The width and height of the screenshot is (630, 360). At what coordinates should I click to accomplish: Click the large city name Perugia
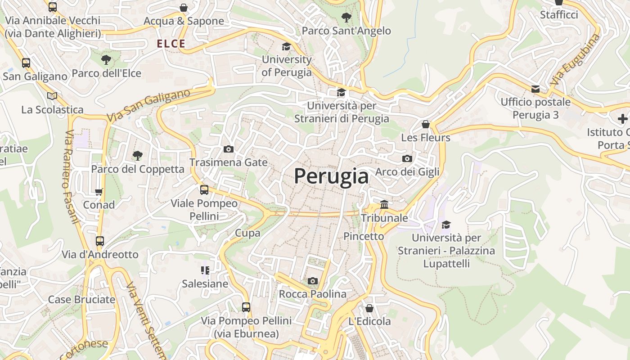331,176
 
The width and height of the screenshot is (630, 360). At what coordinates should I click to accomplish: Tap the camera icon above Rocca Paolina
312,281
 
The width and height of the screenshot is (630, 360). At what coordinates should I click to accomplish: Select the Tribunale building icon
384,205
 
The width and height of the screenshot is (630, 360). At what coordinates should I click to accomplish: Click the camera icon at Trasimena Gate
228,149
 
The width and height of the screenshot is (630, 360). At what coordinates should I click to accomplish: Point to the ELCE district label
171,44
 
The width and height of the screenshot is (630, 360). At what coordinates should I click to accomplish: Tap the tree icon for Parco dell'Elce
106,59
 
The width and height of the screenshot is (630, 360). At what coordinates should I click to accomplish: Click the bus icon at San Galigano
26,63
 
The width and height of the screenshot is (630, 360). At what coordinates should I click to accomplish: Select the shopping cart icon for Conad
99,192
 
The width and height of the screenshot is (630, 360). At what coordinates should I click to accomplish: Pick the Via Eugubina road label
575,60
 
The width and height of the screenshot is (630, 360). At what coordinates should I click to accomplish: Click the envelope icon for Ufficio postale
535,89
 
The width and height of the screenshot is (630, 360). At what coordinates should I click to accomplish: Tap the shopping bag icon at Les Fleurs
425,124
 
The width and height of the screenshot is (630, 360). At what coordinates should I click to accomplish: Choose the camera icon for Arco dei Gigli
407,158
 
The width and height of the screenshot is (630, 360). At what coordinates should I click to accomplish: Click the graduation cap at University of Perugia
286,46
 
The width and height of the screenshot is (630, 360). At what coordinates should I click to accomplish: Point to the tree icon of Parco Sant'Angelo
346,18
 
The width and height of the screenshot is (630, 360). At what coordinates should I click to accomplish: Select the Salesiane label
205,284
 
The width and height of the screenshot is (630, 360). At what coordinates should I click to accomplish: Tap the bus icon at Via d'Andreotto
100,241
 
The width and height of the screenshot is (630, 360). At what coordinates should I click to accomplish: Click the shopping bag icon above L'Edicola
369,308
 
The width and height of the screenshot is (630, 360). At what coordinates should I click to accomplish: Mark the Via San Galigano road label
148,106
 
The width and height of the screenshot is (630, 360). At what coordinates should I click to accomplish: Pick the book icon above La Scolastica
52,96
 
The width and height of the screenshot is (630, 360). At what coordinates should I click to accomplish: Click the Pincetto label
364,236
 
